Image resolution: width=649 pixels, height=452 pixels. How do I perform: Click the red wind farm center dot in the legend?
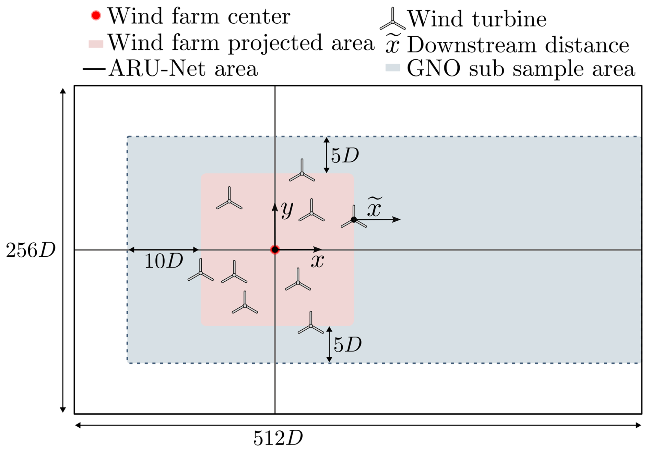click(x=96, y=15)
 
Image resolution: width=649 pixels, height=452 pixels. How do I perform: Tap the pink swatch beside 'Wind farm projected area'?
click(x=96, y=44)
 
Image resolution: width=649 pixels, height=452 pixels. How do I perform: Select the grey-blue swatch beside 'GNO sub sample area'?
click(x=393, y=67)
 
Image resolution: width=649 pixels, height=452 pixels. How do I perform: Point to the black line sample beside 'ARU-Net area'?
click(x=94, y=69)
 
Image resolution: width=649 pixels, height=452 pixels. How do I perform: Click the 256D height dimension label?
click(x=31, y=250)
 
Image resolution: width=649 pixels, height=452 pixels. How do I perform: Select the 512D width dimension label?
click(x=278, y=438)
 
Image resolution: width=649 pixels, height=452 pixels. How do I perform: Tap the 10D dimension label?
click(x=164, y=261)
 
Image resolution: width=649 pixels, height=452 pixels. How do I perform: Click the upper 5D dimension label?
click(x=345, y=156)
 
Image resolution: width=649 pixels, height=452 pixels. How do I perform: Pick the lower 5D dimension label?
click(x=348, y=345)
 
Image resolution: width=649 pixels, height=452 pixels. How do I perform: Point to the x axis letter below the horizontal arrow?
click(x=318, y=261)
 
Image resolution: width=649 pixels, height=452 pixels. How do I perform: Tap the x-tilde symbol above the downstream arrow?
click(x=375, y=207)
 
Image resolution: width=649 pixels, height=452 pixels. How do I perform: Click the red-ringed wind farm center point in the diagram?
click(x=275, y=250)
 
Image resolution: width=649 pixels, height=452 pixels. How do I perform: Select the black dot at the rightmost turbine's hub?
click(x=354, y=220)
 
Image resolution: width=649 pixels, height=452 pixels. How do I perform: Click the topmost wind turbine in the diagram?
click(x=302, y=171)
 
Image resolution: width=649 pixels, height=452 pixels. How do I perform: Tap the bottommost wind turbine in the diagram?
click(x=311, y=323)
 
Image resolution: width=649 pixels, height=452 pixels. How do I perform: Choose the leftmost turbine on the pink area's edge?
click(x=201, y=270)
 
